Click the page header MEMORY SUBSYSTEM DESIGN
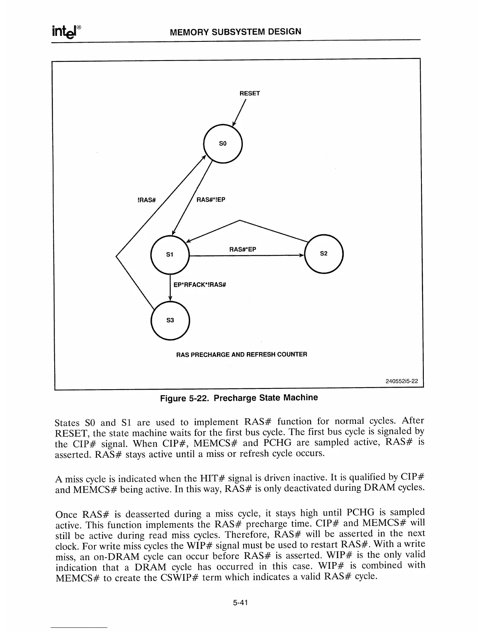(235, 32)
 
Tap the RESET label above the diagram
(249, 93)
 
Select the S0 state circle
(223, 143)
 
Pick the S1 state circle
(170, 254)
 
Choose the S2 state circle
(323, 254)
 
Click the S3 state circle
(170, 320)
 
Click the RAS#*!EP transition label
(211, 200)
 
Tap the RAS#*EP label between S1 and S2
(242, 249)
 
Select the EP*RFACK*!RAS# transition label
(200, 285)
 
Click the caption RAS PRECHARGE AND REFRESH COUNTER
(241, 354)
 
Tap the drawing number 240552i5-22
(401, 380)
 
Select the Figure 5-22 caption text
(239, 398)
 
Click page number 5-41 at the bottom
(241, 603)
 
